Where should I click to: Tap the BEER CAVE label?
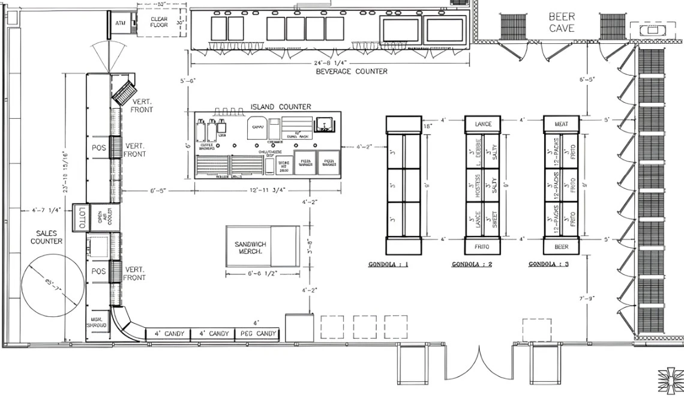561,22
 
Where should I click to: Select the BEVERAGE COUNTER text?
352,71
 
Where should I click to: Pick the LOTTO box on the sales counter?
82,217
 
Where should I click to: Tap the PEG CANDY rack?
258,334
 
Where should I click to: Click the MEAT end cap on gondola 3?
561,124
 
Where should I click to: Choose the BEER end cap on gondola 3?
561,247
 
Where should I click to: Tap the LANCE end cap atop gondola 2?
483,124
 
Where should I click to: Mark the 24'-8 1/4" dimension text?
329,62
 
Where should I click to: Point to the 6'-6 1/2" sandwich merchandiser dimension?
262,274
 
